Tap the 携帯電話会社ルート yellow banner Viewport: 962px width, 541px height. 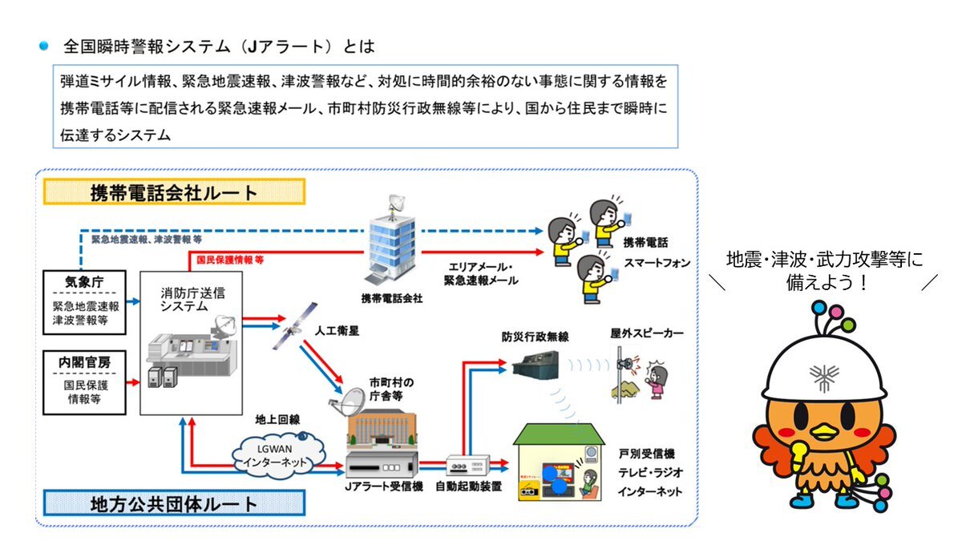[174, 192]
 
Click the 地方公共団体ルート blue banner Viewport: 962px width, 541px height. [173, 503]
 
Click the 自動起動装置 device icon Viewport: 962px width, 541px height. [467, 465]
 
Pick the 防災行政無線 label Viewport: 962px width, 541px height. [536, 337]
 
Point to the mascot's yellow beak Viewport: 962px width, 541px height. [823, 434]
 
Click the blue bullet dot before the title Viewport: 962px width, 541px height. [45, 46]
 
